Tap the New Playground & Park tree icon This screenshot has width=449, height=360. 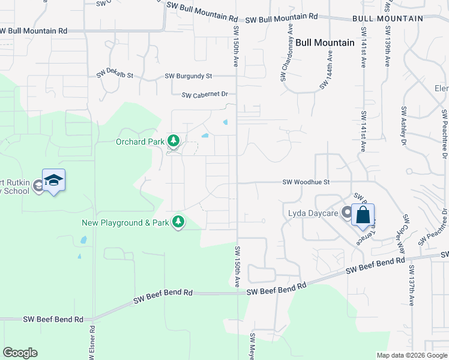point(178,223)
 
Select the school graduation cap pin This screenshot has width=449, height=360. point(53,181)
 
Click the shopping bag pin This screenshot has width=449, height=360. point(363,215)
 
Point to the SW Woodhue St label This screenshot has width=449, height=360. point(306,182)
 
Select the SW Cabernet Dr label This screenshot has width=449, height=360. point(205,95)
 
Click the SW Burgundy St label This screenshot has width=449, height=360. point(188,76)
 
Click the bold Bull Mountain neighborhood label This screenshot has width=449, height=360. point(325,43)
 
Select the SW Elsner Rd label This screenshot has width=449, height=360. point(92,343)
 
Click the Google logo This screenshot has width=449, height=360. point(20,353)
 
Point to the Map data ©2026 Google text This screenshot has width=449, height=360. point(411,355)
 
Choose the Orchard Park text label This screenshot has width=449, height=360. point(139,142)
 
